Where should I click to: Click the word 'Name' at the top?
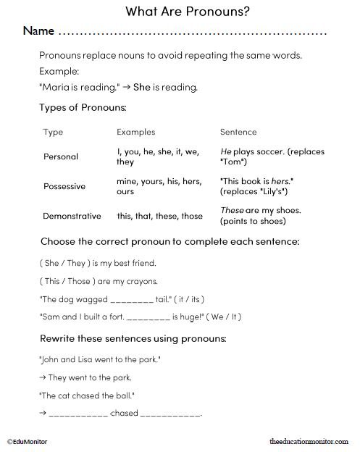tap(39, 32)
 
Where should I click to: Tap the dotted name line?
tap(192, 34)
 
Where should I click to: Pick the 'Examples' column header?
tap(136, 132)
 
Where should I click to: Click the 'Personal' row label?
tap(61, 156)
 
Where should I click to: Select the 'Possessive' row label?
tap(64, 186)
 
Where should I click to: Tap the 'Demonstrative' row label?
tap(75, 216)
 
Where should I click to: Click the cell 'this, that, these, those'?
tap(159, 216)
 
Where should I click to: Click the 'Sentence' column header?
tap(238, 132)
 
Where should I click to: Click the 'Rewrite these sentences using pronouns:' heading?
tap(134, 338)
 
